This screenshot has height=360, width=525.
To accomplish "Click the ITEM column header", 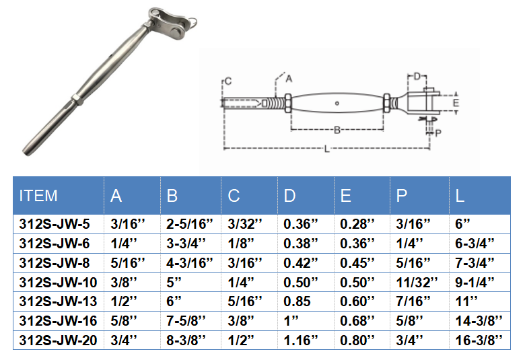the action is click(x=38, y=196).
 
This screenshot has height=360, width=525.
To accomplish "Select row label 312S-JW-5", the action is click(x=55, y=224).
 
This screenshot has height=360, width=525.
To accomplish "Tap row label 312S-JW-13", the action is click(x=58, y=301).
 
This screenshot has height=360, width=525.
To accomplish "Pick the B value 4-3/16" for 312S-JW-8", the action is click(x=190, y=263).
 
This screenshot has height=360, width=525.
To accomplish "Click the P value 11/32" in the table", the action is click(x=417, y=283).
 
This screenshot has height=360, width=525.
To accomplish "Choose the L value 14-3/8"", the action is click(x=479, y=321).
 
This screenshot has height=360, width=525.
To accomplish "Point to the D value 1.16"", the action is click(x=300, y=340).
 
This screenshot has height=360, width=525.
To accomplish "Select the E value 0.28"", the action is click(x=357, y=224).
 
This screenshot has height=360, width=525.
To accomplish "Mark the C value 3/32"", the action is click(x=245, y=224).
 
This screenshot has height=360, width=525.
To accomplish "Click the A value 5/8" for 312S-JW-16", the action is click(x=124, y=321).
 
